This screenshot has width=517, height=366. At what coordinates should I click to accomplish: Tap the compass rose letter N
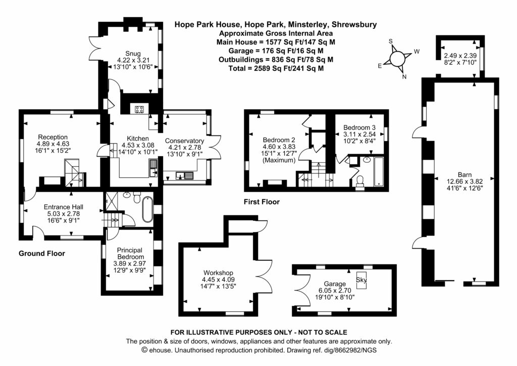tap(404, 76)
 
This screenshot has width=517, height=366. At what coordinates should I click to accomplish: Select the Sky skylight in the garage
tap(361, 280)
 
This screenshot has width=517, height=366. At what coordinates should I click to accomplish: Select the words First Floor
tap(261, 202)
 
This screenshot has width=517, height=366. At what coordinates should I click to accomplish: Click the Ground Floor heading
tap(42, 253)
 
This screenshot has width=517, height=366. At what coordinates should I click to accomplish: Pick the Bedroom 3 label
tap(359, 127)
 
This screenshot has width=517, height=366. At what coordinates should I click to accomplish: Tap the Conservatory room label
tap(184, 141)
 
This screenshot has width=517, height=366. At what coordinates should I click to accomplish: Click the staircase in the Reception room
tap(73, 171)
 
